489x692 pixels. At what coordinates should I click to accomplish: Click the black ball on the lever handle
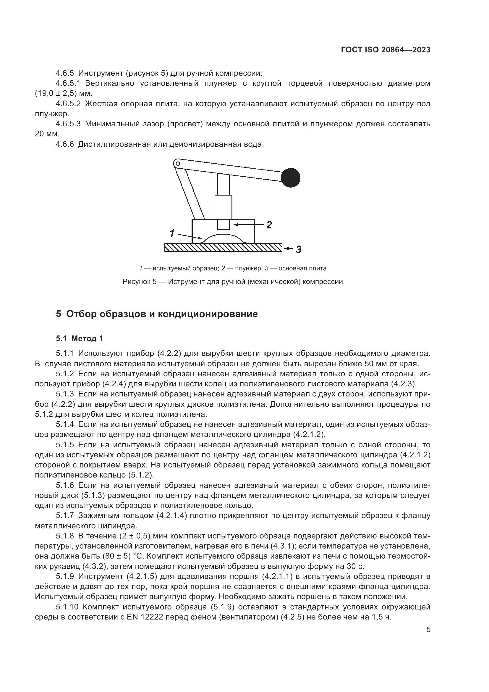(291, 178)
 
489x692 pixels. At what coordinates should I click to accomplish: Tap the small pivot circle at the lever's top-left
(178, 164)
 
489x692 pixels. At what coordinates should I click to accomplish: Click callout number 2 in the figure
(269, 225)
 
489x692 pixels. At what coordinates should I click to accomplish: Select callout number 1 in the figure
(172, 233)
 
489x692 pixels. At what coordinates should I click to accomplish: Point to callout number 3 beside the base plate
(298, 249)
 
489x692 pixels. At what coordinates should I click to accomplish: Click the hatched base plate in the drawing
(223, 247)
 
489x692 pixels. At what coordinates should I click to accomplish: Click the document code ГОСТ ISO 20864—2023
(386, 50)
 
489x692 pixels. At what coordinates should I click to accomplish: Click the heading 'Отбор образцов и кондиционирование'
(162, 314)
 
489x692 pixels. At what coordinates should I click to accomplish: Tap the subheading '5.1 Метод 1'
(80, 338)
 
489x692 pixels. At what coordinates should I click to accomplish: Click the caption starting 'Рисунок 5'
(232, 282)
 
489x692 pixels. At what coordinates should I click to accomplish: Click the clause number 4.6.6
(65, 144)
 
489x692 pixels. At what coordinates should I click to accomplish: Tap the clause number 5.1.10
(67, 606)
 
